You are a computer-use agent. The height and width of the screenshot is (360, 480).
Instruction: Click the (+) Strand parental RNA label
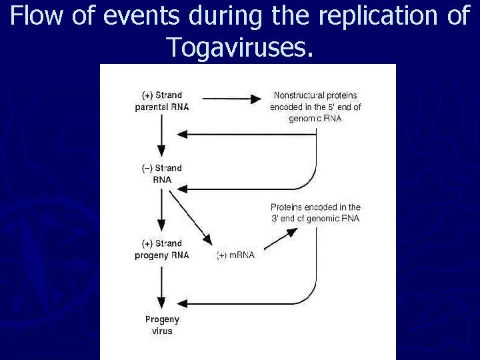click(x=161, y=101)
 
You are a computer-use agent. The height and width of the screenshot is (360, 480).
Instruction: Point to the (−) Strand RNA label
click(x=161, y=174)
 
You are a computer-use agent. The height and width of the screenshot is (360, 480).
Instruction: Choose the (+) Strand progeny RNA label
click(x=161, y=249)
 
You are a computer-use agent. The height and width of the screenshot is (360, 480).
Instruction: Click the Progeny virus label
click(x=161, y=325)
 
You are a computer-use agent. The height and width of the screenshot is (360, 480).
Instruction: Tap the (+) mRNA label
click(x=235, y=255)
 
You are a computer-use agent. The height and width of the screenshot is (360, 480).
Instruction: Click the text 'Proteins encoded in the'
click(x=315, y=207)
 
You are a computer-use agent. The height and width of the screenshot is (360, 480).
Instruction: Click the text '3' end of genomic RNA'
click(x=315, y=219)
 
